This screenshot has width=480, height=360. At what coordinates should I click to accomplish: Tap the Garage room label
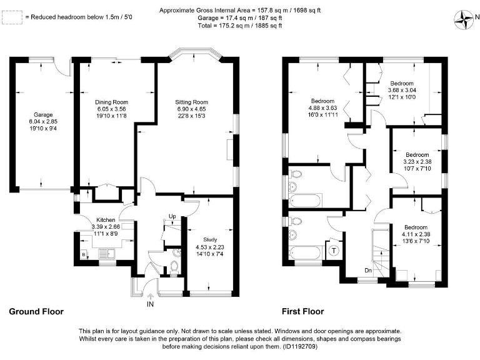43,115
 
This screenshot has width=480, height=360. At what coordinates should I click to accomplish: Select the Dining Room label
111,102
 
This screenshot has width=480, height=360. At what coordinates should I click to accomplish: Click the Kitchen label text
88,219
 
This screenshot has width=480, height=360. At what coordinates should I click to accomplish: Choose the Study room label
210,239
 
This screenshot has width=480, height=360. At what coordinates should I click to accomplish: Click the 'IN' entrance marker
150,304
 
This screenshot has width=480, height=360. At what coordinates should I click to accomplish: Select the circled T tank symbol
334,251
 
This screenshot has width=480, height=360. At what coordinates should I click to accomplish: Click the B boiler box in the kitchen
83,255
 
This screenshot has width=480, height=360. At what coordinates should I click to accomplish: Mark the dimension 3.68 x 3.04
402,90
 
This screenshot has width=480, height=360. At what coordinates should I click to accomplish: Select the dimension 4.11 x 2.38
416,234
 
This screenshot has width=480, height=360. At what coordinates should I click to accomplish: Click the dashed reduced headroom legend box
10,18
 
